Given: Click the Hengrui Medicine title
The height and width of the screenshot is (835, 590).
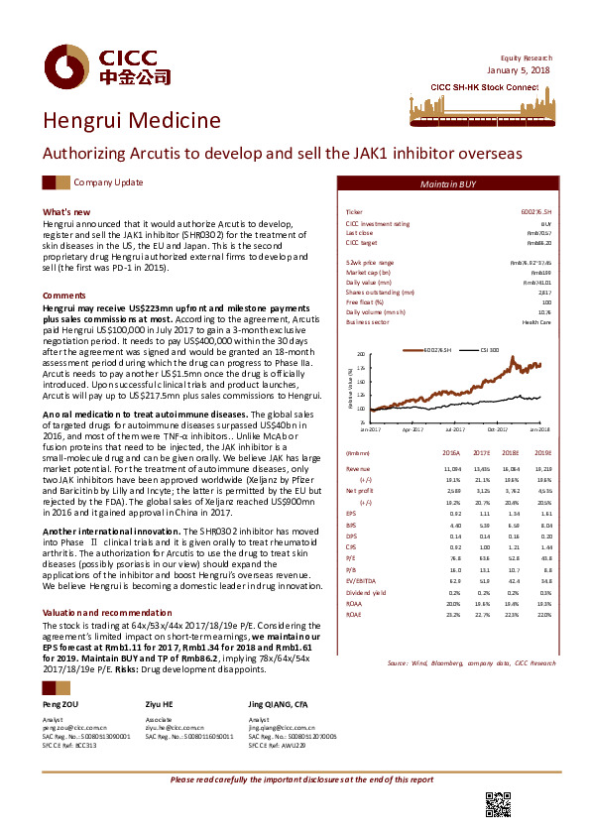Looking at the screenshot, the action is tap(132, 121).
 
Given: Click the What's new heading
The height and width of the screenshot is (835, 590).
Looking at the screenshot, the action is tap(66, 212).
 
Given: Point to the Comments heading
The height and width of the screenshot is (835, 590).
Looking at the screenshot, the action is tap(64, 296).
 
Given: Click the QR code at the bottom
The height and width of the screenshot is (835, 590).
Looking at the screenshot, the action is tap(498, 804).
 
